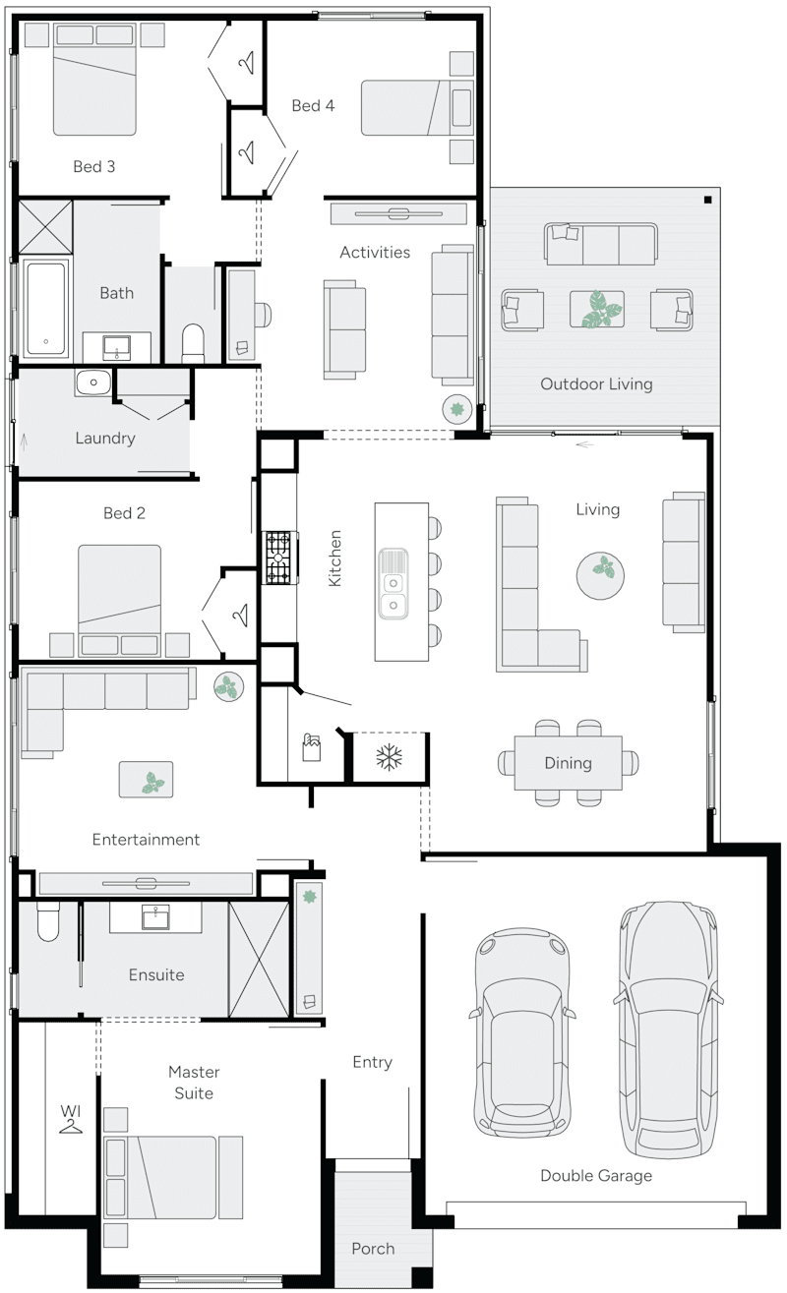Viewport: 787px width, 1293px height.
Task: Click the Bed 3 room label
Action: (94, 166)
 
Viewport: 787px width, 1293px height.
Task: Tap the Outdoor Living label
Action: (596, 383)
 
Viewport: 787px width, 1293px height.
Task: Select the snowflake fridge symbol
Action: (391, 757)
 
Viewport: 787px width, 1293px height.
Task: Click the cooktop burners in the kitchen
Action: (278, 558)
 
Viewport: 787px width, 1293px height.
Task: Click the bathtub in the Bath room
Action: (46, 308)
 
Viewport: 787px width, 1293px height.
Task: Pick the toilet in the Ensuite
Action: (48, 922)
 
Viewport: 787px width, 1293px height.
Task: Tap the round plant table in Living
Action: (599, 575)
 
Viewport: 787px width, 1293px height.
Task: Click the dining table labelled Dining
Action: (568, 763)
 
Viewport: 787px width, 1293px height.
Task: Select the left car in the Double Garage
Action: (521, 1032)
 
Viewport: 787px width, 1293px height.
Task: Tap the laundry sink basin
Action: (94, 382)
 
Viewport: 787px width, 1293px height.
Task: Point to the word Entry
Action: (372, 1062)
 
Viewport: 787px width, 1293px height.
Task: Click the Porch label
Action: (373, 1249)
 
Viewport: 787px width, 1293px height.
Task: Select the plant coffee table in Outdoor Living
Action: (596, 308)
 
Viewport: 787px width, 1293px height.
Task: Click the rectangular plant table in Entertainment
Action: (147, 779)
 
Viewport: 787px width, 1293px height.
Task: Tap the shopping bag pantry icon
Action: (312, 752)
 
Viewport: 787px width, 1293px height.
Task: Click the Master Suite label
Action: (193, 1082)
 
